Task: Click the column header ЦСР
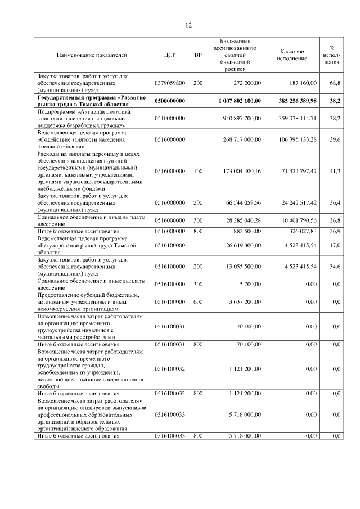point(170,55)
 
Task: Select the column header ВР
point(197,55)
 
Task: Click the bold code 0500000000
point(170,100)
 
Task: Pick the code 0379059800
point(170,83)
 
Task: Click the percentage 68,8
point(335,83)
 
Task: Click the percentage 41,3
point(335,170)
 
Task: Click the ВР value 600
point(197,301)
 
